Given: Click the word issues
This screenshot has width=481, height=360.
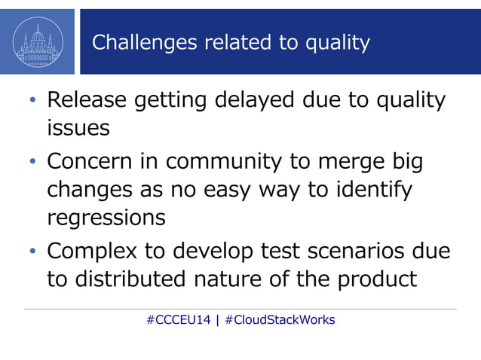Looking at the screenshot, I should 78,128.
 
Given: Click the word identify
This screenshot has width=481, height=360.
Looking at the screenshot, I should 372,189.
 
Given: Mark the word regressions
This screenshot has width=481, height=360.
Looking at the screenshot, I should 106,218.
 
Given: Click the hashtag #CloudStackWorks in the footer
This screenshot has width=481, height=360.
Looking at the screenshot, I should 280,319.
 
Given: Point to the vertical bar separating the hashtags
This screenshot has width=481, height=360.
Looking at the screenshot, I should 217,319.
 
